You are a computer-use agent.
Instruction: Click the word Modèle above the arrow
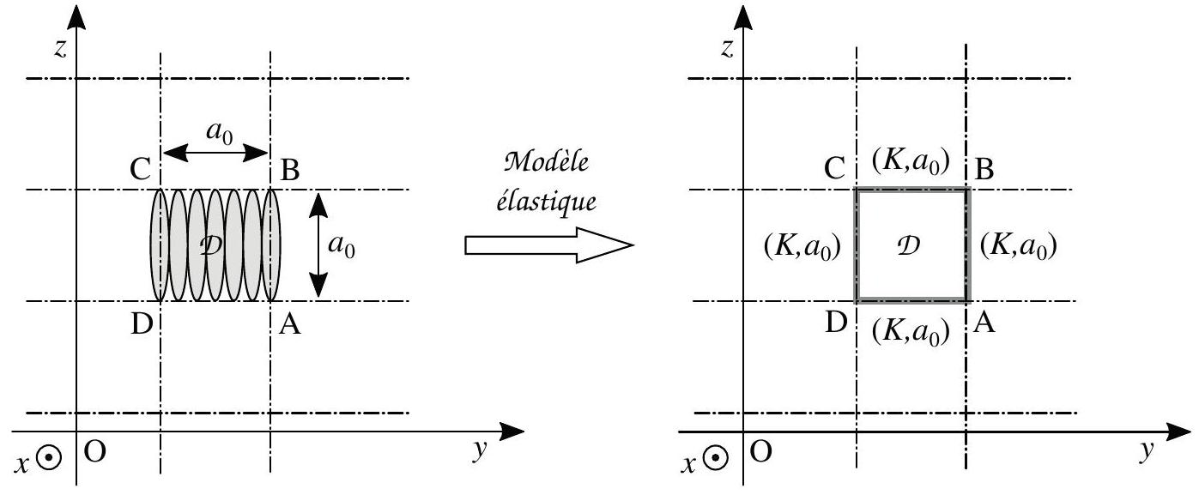tap(547, 161)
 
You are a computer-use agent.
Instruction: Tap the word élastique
tap(547, 202)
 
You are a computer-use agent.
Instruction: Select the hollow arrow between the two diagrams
tap(549, 245)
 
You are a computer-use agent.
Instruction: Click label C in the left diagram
tap(140, 169)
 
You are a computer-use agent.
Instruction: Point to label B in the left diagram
tap(289, 171)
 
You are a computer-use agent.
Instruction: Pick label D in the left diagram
tap(142, 323)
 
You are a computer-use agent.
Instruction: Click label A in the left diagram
tap(289, 323)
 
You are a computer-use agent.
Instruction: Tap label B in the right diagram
tap(984, 169)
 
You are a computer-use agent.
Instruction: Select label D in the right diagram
tap(836, 323)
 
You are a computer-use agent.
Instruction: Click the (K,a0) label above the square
tap(911, 161)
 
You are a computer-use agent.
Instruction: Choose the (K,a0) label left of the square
tap(802, 247)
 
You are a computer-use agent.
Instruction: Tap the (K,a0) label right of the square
tap(1018, 245)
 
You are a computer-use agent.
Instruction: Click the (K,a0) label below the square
tap(911, 331)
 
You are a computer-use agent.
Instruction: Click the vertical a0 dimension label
tap(342, 245)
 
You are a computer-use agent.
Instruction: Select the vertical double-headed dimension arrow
tap(318, 245)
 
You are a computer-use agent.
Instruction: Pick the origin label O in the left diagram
tap(94, 452)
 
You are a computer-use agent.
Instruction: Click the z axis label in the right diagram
tap(726, 48)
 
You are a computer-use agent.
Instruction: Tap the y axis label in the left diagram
tap(480, 449)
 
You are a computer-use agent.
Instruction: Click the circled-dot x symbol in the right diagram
tap(715, 459)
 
